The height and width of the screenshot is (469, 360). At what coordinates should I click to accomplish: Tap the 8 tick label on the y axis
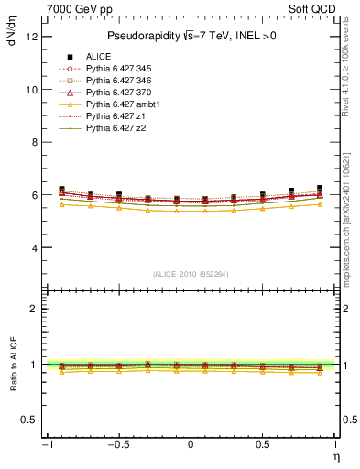34,143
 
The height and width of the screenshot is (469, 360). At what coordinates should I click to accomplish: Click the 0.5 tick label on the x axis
262,444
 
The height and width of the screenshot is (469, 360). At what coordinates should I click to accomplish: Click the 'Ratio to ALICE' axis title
12,365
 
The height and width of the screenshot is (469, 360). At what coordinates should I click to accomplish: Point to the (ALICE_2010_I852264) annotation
190,274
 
